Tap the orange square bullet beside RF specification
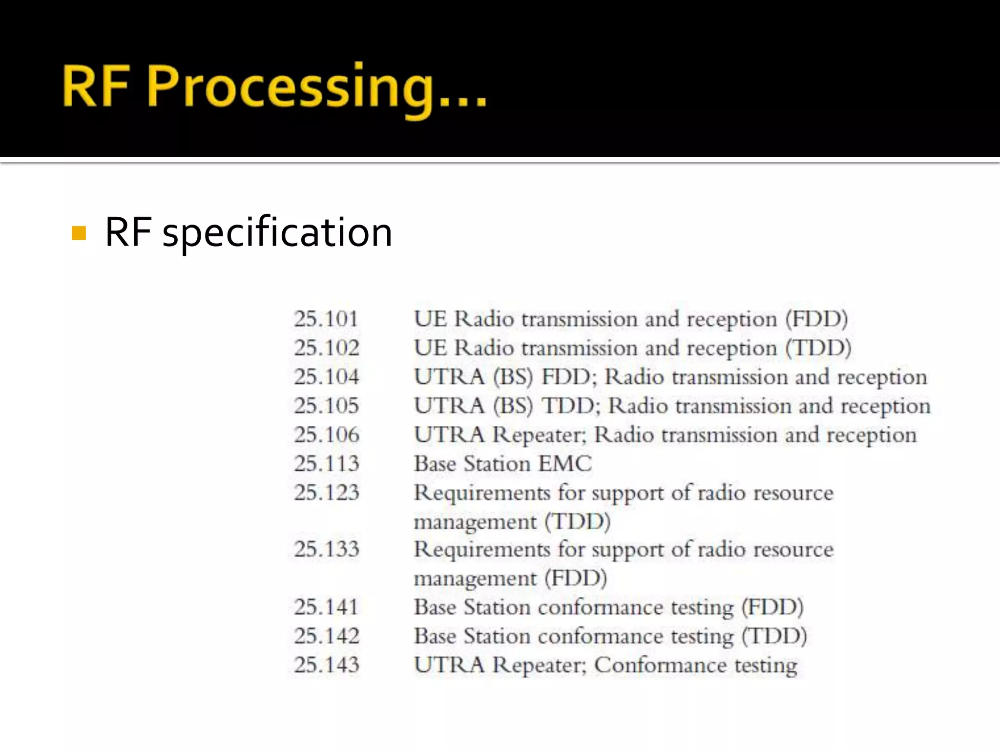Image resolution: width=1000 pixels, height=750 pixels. tap(79, 233)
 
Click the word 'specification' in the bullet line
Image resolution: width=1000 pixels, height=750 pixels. tap(277, 233)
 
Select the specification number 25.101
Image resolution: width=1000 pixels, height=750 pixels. tap(326, 319)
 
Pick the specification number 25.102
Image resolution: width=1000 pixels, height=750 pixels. tap(326, 348)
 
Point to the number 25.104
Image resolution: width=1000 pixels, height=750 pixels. tap(326, 377)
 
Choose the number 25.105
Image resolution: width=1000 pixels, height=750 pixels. tap(326, 406)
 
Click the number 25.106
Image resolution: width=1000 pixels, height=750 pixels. tap(326, 435)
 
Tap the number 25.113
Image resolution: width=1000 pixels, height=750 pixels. tap(326, 463)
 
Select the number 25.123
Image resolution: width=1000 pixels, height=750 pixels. tap(326, 492)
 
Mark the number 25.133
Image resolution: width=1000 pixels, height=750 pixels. tap(326, 549)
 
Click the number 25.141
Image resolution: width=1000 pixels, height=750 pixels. tap(326, 607)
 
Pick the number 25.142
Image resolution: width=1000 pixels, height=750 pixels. tap(326, 636)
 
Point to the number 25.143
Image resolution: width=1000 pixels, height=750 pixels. tap(326, 665)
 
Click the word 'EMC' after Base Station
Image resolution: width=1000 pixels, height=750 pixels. tap(565, 463)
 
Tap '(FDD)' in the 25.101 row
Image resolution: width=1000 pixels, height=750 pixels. tap(816, 319)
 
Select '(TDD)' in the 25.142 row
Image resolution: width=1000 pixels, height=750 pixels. tap(774, 636)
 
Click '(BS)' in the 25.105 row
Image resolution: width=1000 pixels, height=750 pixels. tap(513, 406)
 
